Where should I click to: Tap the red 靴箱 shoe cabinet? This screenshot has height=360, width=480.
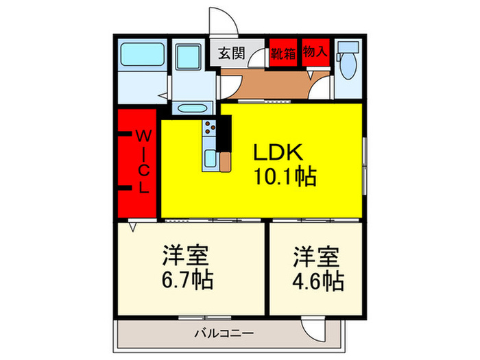[x=283, y=53]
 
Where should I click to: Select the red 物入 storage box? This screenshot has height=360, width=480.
[x=315, y=52]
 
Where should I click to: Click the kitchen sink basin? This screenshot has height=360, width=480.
[x=210, y=160]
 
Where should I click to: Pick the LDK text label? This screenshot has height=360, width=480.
[x=278, y=152]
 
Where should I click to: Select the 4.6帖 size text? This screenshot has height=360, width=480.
[x=317, y=280]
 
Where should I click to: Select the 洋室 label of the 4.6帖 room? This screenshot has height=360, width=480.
[x=317, y=256]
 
